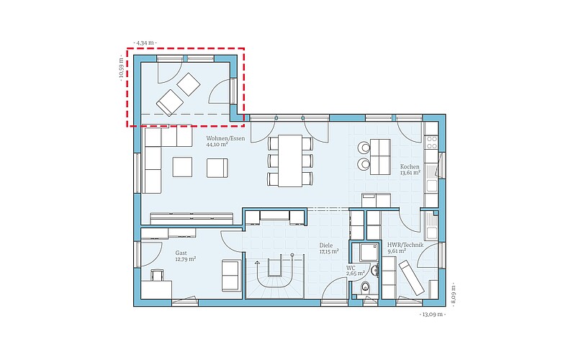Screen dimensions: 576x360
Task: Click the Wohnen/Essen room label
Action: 225,138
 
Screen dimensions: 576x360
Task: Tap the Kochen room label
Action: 410,167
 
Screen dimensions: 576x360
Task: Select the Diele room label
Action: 326,246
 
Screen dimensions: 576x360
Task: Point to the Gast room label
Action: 181,253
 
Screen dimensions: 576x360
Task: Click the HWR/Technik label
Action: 405,245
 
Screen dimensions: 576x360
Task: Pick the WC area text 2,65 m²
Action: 355,274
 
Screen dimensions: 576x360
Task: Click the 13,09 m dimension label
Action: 433,315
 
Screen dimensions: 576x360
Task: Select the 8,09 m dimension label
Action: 454,294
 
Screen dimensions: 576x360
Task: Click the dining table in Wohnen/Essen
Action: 290,161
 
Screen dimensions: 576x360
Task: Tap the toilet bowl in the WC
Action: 365,287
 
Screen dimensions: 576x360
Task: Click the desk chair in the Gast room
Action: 157,274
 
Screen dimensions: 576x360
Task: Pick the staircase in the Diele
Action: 275,276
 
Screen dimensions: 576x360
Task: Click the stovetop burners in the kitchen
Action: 431,143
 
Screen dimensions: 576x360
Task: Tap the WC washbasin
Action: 374,271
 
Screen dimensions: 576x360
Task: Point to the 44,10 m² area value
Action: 217,145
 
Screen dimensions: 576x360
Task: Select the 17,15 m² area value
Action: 329,251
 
